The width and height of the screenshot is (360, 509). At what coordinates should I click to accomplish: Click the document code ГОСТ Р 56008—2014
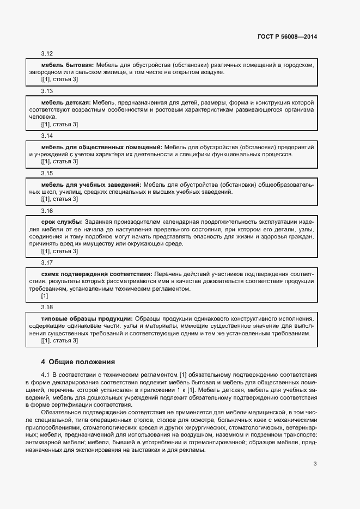tap(286, 37)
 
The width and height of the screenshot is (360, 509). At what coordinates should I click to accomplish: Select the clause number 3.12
tap(47, 54)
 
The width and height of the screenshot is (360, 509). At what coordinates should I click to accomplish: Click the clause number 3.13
tap(47, 91)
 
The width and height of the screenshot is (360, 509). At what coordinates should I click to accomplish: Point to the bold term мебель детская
tap(66, 102)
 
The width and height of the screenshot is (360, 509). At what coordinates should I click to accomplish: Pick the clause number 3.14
tap(47, 136)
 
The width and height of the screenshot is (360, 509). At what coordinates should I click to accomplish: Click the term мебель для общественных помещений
tap(101, 147)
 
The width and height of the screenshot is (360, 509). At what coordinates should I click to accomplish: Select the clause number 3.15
tap(47, 173)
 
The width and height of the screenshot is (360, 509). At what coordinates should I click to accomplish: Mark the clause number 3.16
tap(47, 211)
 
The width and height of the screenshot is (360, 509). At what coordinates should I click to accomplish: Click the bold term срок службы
tap(62, 222)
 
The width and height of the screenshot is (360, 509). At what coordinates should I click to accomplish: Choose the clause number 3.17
tap(47, 262)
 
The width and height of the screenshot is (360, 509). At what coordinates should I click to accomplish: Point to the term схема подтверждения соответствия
tap(96, 274)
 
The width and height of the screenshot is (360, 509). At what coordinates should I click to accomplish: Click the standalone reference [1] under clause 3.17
tap(45, 296)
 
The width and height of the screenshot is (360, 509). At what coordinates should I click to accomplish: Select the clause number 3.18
tap(47, 307)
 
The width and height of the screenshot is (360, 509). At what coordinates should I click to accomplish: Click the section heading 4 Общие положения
tap(78, 362)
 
